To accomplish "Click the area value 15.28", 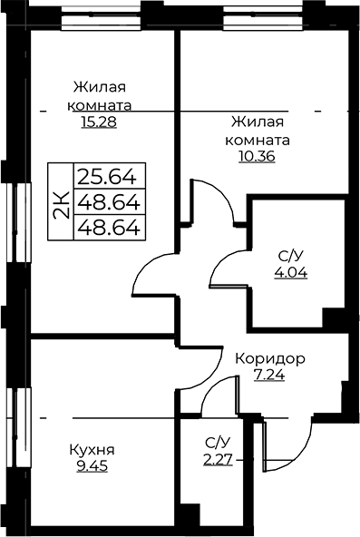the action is pos(99,122).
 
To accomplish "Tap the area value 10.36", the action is pos(257,157).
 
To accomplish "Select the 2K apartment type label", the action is pos(61,205).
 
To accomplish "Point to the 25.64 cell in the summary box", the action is pos(107,177).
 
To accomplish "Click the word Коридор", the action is pos(270,358).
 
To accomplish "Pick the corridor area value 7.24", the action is pos(269,375).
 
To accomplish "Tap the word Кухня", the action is pos(92,450).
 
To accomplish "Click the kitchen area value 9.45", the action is pos(92,465).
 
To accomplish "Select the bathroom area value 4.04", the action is pos(291,273).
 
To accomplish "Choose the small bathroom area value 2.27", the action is pos(218,460).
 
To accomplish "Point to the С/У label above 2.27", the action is pos(218,444).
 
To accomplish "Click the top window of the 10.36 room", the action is pos(263,18).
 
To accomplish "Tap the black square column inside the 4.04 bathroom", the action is pos(334,317).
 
